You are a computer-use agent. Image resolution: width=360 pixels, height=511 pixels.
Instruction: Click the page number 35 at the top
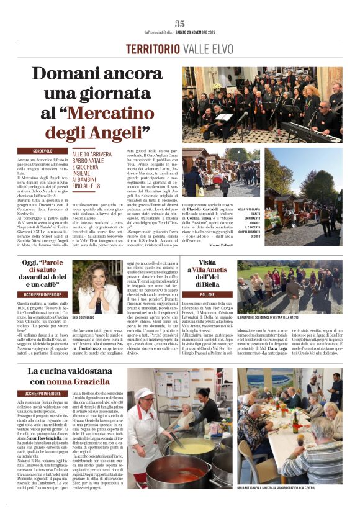tap(179, 23)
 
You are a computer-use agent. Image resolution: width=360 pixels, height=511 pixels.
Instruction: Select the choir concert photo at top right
tap(261, 104)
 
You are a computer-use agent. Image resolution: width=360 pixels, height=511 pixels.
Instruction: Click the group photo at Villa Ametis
tap(289, 286)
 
